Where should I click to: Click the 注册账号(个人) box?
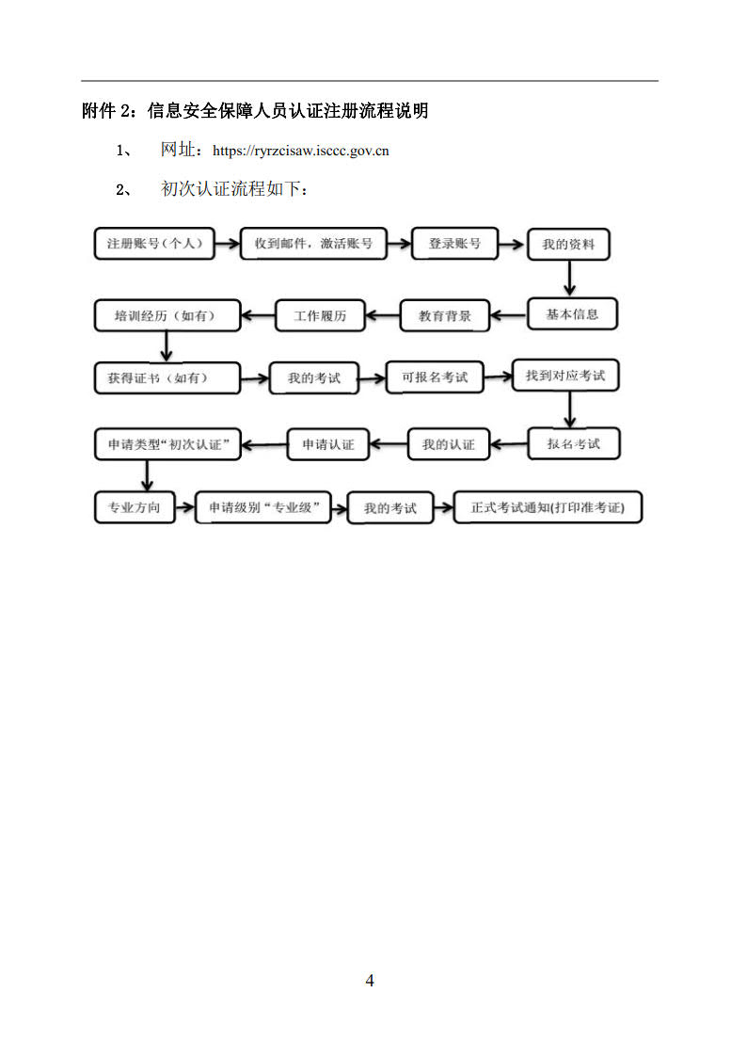[x=154, y=244]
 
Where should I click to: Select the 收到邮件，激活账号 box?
[x=314, y=244]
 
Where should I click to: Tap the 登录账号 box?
[x=454, y=244]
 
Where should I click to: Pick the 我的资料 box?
[x=568, y=244]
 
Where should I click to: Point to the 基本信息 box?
[x=572, y=314]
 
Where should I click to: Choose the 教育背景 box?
[x=445, y=315]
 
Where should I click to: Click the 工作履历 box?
[x=320, y=315]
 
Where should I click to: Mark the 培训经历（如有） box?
[x=167, y=315]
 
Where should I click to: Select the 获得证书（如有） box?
[x=167, y=378]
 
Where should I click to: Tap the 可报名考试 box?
[x=436, y=377]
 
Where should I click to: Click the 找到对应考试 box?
[x=565, y=376]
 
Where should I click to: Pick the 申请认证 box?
[x=328, y=444]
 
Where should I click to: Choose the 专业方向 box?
[x=135, y=507]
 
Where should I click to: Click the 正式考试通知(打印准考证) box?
[x=548, y=507]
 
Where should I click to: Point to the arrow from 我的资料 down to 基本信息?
[x=569, y=279]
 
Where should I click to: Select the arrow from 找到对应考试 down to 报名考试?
[x=569, y=409]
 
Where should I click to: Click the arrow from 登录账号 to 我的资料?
[x=512, y=244]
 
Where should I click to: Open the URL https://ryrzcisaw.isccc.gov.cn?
[x=300, y=151]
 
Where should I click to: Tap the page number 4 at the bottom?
[x=369, y=980]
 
